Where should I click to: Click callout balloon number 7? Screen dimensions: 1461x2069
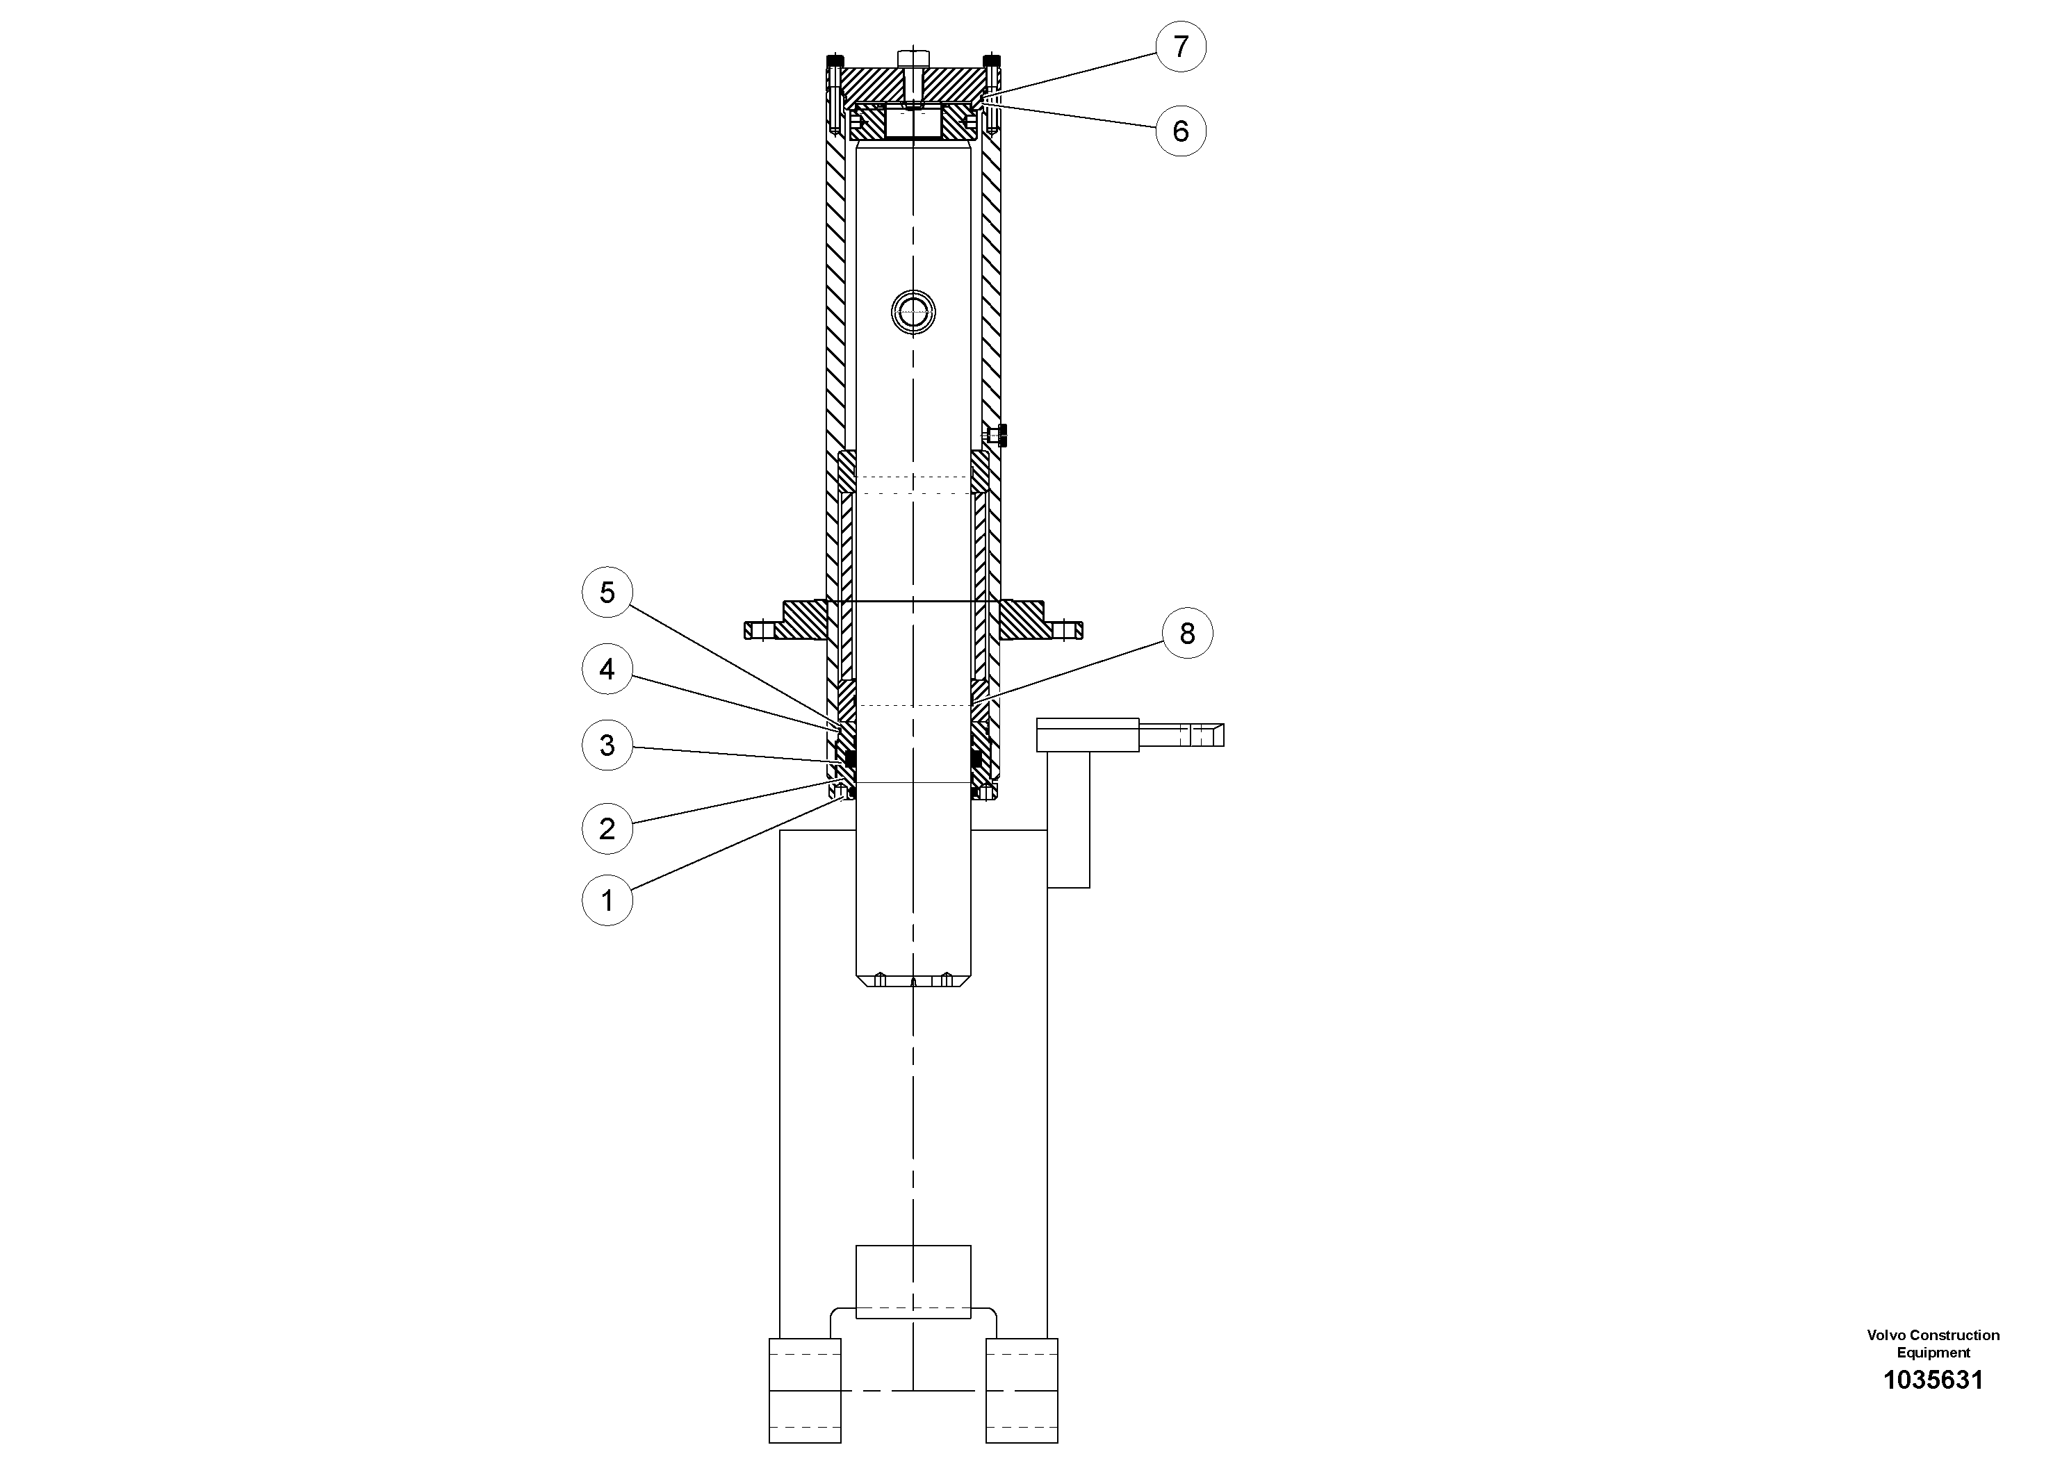point(1181,46)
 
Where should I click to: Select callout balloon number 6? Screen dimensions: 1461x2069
point(1181,131)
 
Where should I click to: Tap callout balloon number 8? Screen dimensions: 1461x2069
point(1187,633)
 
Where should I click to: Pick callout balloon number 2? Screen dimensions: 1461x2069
point(607,828)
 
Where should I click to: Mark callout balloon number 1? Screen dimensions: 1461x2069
point(607,900)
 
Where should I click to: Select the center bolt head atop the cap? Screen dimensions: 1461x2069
point(913,57)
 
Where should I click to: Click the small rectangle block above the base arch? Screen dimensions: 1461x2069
point(913,1282)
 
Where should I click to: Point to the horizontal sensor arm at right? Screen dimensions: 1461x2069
point(1130,734)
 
